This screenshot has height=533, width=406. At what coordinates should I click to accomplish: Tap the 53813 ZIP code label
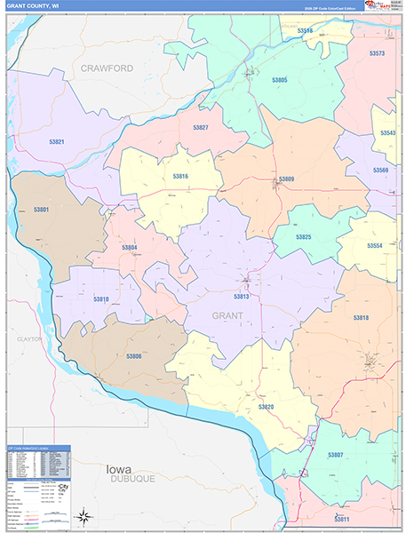coord(242,297)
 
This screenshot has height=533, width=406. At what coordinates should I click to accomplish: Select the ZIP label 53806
coord(133,356)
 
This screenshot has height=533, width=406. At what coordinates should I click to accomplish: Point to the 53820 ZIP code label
coord(266,406)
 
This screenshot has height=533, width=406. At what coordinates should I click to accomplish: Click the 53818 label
coord(360,317)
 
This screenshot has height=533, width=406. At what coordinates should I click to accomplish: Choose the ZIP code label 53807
coord(335,454)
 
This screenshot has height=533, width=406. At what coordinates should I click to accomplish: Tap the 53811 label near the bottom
coord(342,518)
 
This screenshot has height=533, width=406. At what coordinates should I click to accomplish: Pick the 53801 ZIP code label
coord(41,210)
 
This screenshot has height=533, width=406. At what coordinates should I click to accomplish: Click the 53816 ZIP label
coord(180,177)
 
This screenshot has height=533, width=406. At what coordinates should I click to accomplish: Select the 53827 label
coord(201,128)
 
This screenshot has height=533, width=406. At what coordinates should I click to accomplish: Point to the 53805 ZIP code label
coord(279,80)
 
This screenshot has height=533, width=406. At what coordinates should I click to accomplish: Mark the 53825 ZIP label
coord(303,237)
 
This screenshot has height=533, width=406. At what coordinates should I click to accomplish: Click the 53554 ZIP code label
coord(375,245)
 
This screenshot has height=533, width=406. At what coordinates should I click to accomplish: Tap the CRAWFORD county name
coord(107,68)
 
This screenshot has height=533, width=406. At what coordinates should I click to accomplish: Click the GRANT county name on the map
coord(227,315)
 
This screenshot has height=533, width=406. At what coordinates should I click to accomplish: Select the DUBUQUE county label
coord(132,478)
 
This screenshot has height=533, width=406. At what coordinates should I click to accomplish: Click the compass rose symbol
coord(83,516)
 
